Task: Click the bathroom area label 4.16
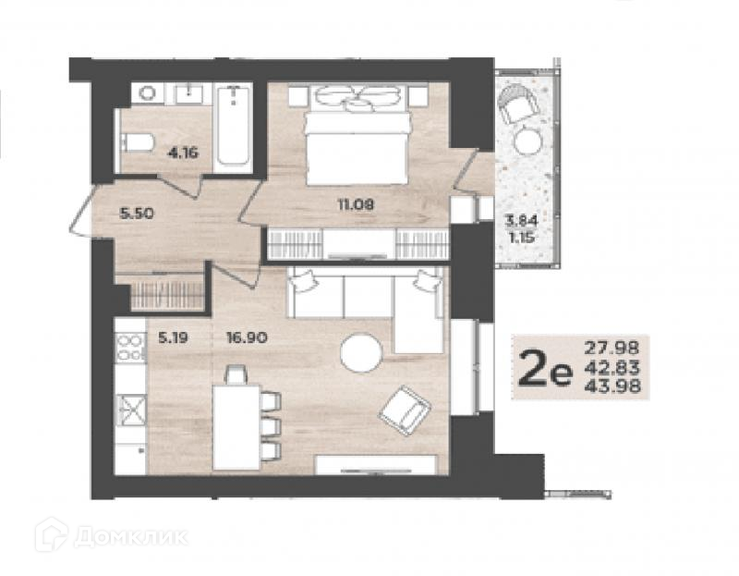click(x=183, y=153)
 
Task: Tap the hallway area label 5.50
click(x=137, y=214)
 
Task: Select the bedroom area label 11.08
click(x=356, y=204)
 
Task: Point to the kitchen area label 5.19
click(x=173, y=337)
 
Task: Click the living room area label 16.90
click(x=247, y=337)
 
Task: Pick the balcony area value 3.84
click(x=521, y=220)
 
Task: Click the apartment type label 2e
click(x=545, y=368)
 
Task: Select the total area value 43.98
click(x=612, y=386)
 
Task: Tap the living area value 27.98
click(x=612, y=348)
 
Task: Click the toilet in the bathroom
click(x=137, y=142)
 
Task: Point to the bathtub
click(x=233, y=126)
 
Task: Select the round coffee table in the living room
click(x=361, y=353)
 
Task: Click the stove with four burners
click(x=130, y=348)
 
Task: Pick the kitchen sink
click(x=131, y=411)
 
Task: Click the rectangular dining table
click(x=236, y=427)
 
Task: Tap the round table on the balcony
click(x=527, y=141)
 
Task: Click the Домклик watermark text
click(x=131, y=537)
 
